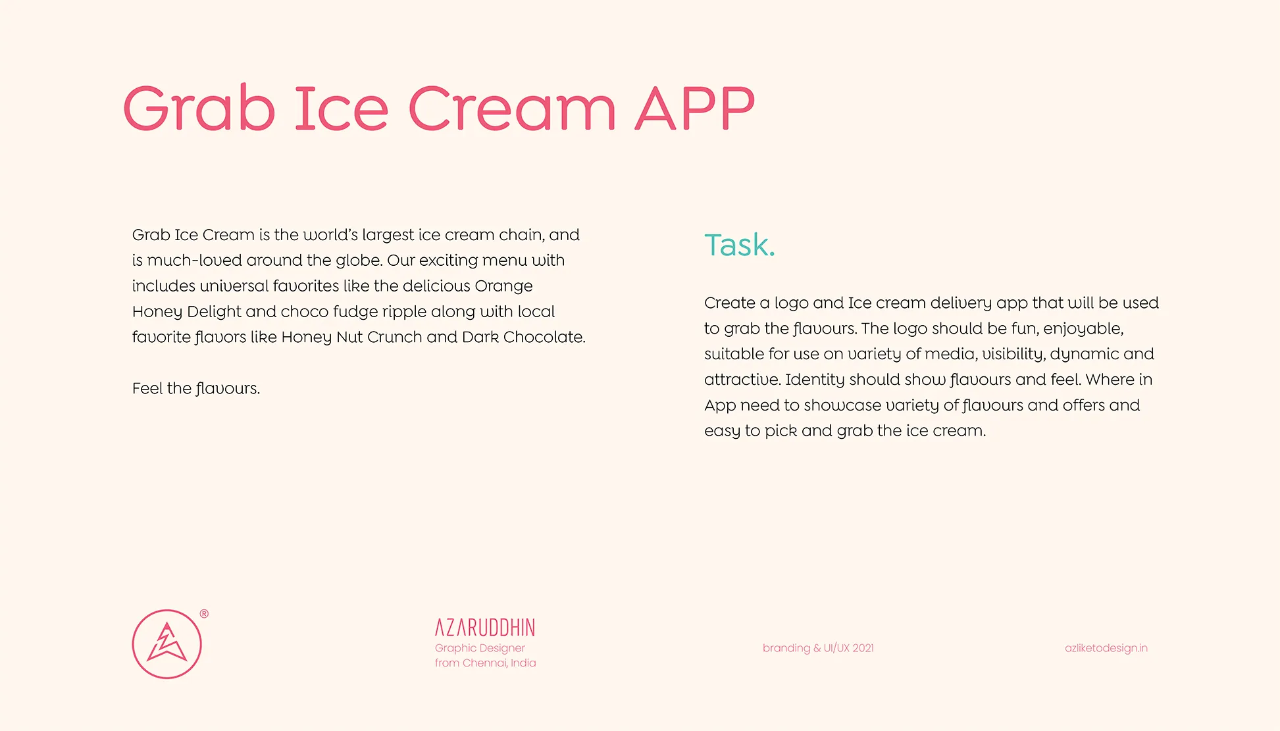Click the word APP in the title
[x=694, y=108]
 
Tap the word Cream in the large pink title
[x=512, y=108]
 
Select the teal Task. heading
[x=740, y=245]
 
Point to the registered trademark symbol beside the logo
[x=204, y=614]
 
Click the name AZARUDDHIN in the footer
[x=485, y=628]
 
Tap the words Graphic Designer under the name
[x=480, y=648]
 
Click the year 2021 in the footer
[x=863, y=648]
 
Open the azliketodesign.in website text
[x=1106, y=648]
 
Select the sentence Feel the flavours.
[x=196, y=388]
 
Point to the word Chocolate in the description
[x=544, y=337]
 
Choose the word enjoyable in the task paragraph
[x=1083, y=329]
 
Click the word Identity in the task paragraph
[x=815, y=380]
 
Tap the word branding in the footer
[x=786, y=648]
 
